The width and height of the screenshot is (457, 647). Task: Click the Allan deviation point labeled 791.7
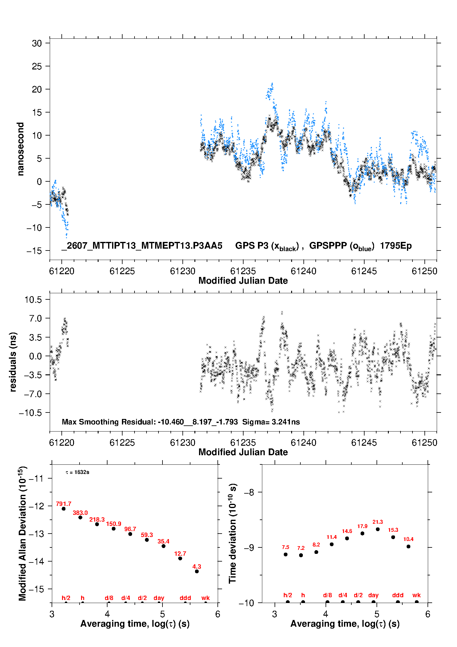pos(64,509)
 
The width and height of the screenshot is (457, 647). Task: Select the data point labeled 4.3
pos(197,571)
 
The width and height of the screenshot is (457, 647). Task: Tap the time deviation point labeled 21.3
pos(378,529)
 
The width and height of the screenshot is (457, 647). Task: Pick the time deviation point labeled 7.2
pos(301,555)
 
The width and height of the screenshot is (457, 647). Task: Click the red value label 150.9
pos(114,524)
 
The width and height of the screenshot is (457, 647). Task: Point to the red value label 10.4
pos(408,539)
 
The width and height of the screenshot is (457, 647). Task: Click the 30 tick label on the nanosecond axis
pos(37,43)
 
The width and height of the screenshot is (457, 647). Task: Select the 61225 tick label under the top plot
pos(122,271)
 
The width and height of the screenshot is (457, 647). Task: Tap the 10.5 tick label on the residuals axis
pos(33,300)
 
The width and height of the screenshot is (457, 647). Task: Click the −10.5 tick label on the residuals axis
pos(31,413)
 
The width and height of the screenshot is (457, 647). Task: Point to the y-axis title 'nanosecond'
pos(20,149)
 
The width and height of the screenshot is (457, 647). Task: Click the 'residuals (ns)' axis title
pos(13,362)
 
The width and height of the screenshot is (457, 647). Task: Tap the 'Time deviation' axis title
pos(233,534)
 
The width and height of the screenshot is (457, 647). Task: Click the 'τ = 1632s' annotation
pos(77,472)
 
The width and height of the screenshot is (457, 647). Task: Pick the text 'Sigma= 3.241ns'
pos(271,422)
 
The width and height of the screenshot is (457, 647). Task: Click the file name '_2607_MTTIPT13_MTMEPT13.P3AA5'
pos(142,246)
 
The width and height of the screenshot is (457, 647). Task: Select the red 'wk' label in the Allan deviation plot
pos(205,598)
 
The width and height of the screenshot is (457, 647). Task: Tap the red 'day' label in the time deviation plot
pos(373,595)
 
